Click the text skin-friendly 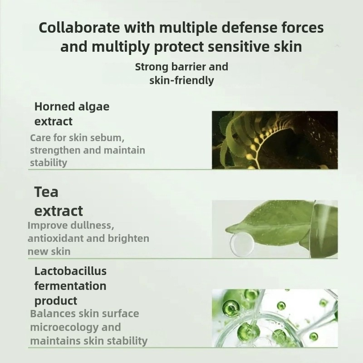click(181, 81)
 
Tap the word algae click(94, 107)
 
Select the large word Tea click(46, 192)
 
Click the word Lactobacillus click(70, 271)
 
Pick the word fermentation click(70, 286)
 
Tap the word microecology click(63, 327)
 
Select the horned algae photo click(275, 140)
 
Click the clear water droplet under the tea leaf click(239, 244)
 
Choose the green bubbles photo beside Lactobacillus click(275, 318)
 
